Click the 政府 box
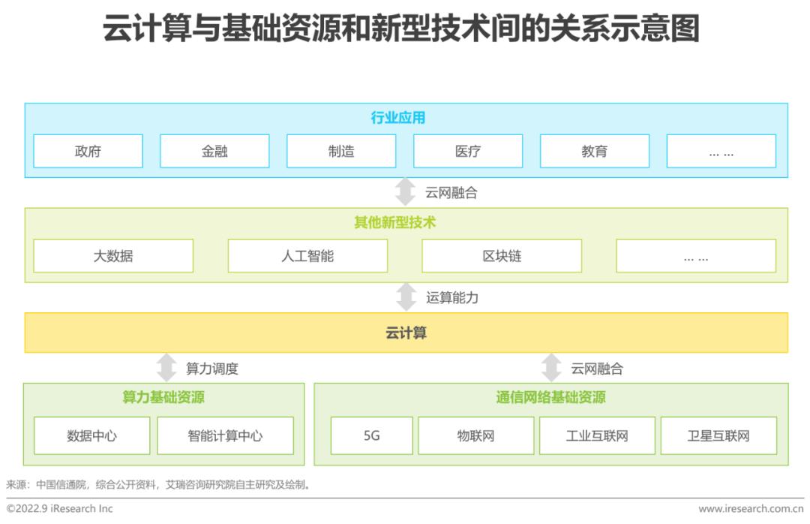88,151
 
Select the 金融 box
214,151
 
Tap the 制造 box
341,151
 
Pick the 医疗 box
468,151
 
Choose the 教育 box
595,151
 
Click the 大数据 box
113,255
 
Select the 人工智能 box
307,255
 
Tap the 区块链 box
502,255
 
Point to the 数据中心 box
92,435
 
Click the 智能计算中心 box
225,435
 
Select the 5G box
372,435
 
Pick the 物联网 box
475,435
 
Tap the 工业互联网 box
597,435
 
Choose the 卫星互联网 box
718,435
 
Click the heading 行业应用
397,118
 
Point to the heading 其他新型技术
395,222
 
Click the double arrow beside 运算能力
406,297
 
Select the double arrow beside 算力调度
166,367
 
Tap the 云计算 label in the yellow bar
406,333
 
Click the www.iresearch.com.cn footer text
751,508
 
